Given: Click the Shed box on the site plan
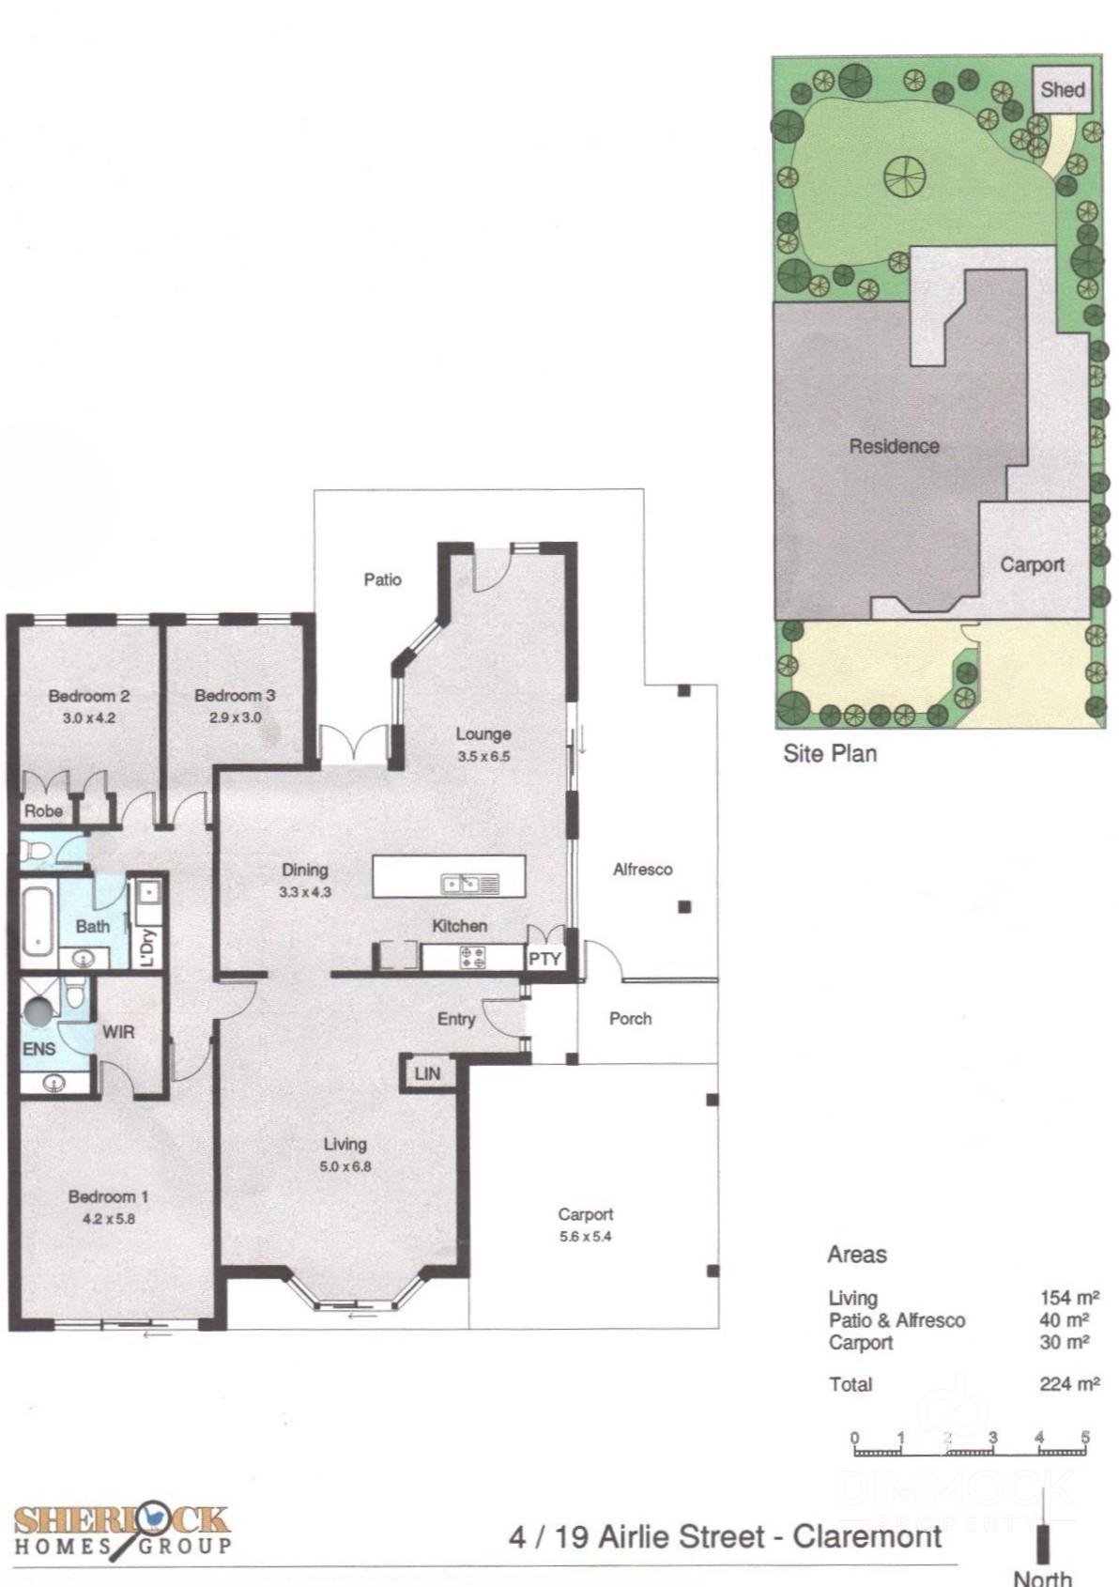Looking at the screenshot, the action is click(1062, 89).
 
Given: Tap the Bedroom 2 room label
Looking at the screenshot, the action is click(88, 696).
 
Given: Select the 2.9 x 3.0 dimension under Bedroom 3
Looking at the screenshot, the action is click(235, 717).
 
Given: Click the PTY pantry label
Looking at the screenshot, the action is click(544, 960).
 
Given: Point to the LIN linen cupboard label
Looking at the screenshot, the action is click(427, 1073).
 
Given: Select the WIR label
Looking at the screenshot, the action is click(118, 1031).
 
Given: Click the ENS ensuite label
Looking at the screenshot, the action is click(38, 1049).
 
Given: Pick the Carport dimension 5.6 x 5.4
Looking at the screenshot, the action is click(585, 1237).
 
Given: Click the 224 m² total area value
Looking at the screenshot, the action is click(1068, 1383).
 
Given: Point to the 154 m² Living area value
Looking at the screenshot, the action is click(1068, 1297).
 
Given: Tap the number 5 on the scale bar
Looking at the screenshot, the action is click(1085, 1438).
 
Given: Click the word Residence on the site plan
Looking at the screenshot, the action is click(894, 446).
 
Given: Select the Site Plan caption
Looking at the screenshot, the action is click(829, 753).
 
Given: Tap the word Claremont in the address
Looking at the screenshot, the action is click(866, 1536).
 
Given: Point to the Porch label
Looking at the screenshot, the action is click(630, 1018).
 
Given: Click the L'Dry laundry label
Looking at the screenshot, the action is click(146, 947).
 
